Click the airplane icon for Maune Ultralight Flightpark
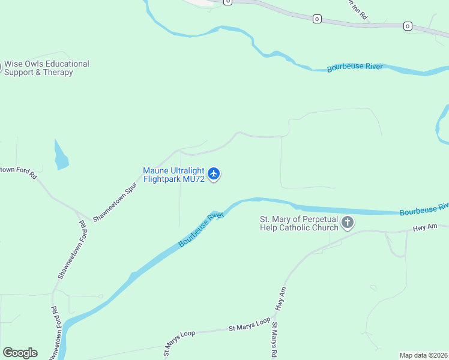pyautogui.click(x=214, y=175)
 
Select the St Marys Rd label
pyautogui.click(x=274, y=340)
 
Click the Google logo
pyautogui.click(x=20, y=353)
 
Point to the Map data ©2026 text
pyautogui.click(x=423, y=355)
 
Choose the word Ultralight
pyautogui.click(x=185, y=170)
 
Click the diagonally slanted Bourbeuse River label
pyautogui.click(x=200, y=230)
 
